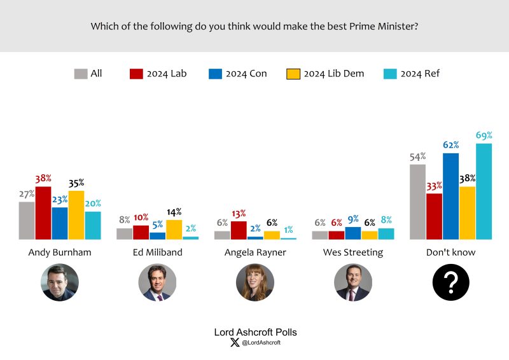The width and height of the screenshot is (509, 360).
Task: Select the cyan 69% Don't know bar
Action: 484,191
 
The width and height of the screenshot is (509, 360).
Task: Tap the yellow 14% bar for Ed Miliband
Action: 174,230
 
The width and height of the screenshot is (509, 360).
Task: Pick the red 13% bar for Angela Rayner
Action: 239,230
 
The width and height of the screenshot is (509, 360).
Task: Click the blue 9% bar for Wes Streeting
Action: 353,233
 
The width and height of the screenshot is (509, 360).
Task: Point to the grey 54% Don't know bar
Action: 418,202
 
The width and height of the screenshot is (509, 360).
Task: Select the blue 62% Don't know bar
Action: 450,197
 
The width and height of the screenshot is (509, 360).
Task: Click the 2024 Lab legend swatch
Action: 136,74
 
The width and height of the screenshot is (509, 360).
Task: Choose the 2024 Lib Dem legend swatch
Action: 293,74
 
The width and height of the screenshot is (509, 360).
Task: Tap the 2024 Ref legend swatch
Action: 390,74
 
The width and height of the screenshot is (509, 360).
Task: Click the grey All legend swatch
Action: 81,74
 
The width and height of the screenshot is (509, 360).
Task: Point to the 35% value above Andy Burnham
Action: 76,183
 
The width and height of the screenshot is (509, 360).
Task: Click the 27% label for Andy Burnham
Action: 27,194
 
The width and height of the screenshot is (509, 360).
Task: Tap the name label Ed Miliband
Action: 158,253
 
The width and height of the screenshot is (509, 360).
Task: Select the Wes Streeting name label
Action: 353,253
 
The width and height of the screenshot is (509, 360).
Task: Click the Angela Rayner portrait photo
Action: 255,282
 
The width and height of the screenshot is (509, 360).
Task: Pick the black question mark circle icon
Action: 450,282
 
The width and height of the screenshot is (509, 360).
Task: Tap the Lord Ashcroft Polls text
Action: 254,332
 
